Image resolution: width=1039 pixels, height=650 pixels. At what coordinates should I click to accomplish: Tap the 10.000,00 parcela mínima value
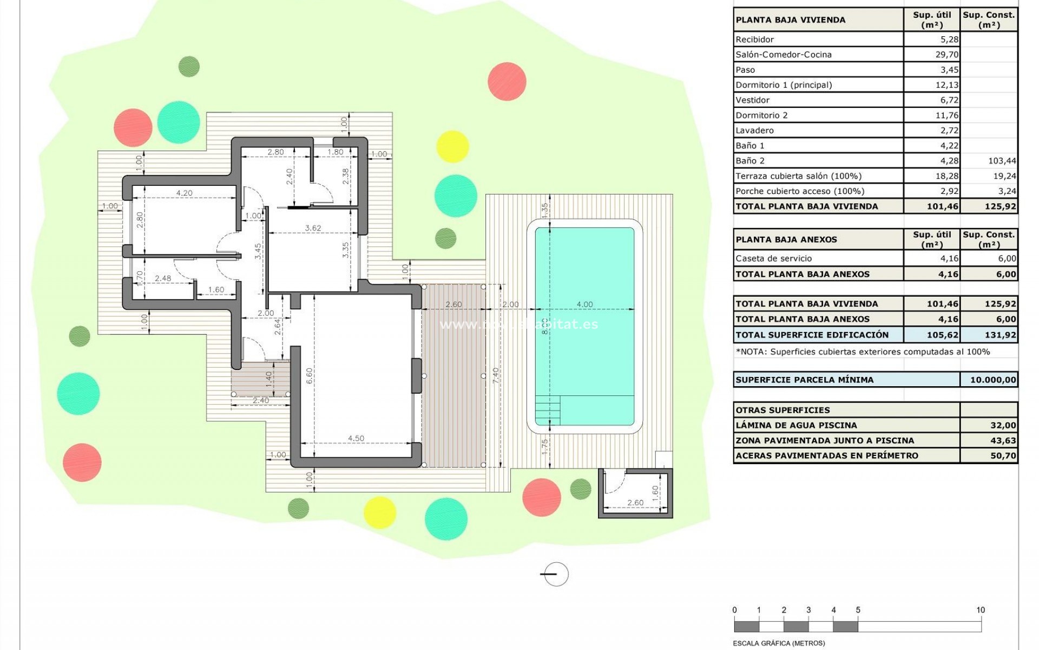tap(993, 380)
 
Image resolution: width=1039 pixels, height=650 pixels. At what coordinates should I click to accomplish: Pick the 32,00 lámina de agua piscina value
tap(1003, 425)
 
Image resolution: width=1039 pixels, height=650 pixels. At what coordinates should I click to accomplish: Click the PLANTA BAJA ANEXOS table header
tap(786, 239)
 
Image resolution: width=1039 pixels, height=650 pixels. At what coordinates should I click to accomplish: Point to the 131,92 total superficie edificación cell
tap(1000, 335)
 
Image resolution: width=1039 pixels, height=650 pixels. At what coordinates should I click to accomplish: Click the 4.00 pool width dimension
tap(584, 304)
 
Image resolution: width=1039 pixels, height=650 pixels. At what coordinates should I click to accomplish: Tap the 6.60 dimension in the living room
tap(309, 376)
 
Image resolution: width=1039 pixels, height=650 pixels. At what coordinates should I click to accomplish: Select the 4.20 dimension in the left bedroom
tap(184, 193)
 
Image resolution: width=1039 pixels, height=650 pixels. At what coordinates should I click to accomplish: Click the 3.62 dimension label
tap(313, 228)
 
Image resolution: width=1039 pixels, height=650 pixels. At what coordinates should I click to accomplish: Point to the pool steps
tap(548, 411)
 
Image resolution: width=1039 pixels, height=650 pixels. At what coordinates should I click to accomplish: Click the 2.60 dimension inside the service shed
tap(635, 503)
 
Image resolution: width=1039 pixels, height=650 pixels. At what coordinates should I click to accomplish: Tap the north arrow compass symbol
tap(555, 575)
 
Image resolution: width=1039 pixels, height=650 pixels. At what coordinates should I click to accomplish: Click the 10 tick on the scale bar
tap(981, 610)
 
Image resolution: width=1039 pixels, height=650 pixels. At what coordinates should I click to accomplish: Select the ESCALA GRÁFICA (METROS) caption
tap(779, 643)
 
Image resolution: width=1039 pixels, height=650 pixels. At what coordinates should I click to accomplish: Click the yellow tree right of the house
tap(452, 146)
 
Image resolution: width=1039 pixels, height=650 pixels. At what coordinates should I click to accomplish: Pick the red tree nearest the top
tap(507, 81)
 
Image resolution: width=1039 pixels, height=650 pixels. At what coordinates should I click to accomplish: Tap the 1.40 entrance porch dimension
tap(269, 378)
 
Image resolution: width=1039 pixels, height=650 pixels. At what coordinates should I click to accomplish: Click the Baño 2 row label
tap(750, 161)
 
